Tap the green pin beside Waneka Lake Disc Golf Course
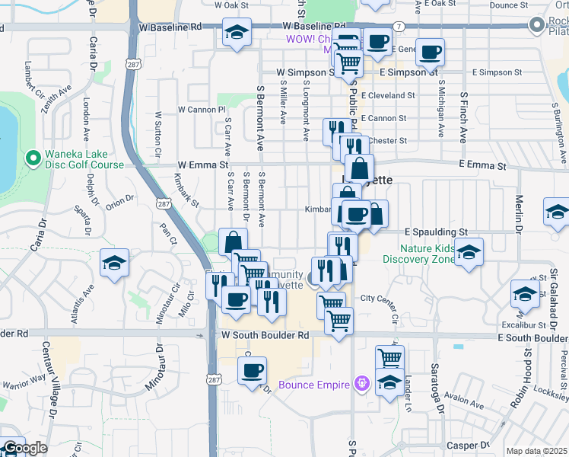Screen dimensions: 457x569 point(33,158)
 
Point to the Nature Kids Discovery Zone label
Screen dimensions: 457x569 point(428,254)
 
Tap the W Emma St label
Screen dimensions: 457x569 point(203,164)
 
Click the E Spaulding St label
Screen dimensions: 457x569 point(435,231)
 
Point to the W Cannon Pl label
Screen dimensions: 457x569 point(202,110)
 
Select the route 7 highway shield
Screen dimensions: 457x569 point(399,27)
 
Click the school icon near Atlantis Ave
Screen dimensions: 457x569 point(114,264)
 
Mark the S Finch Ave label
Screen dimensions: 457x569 point(463,118)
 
